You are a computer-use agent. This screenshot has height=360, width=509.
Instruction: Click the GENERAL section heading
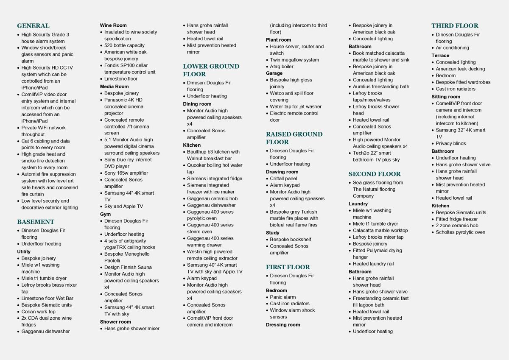(x=33, y=26)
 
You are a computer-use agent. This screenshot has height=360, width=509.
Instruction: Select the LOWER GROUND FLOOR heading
(x=211, y=70)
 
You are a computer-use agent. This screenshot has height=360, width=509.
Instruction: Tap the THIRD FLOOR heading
(x=455, y=26)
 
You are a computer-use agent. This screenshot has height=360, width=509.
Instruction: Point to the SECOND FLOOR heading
(x=375, y=174)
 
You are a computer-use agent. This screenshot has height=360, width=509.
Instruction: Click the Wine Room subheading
(x=113, y=25)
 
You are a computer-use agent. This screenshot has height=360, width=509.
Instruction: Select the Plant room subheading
(x=279, y=40)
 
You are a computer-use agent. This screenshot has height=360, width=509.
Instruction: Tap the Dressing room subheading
(x=283, y=325)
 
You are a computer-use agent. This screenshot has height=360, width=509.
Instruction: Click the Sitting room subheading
(x=446, y=97)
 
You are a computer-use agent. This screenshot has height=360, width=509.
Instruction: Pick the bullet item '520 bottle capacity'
(x=124, y=45)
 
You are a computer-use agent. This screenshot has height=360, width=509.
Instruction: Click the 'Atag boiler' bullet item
(x=282, y=67)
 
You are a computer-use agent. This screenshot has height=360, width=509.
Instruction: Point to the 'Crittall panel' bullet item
(x=283, y=179)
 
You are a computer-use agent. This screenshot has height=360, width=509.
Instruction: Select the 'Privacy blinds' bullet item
(x=450, y=143)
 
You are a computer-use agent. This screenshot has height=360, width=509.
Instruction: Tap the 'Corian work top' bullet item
(x=38, y=312)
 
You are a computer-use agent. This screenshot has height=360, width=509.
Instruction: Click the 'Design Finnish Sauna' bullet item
(x=128, y=267)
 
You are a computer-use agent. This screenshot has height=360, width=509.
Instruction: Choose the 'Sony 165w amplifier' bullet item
(x=126, y=173)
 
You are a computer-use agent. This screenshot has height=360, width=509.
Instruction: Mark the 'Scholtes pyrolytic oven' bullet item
(x=460, y=232)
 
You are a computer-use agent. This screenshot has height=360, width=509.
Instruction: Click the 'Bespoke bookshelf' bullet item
(x=291, y=240)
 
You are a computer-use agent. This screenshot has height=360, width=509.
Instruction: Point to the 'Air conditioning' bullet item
(x=452, y=48)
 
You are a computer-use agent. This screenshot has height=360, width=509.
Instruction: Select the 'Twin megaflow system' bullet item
(x=294, y=60)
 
